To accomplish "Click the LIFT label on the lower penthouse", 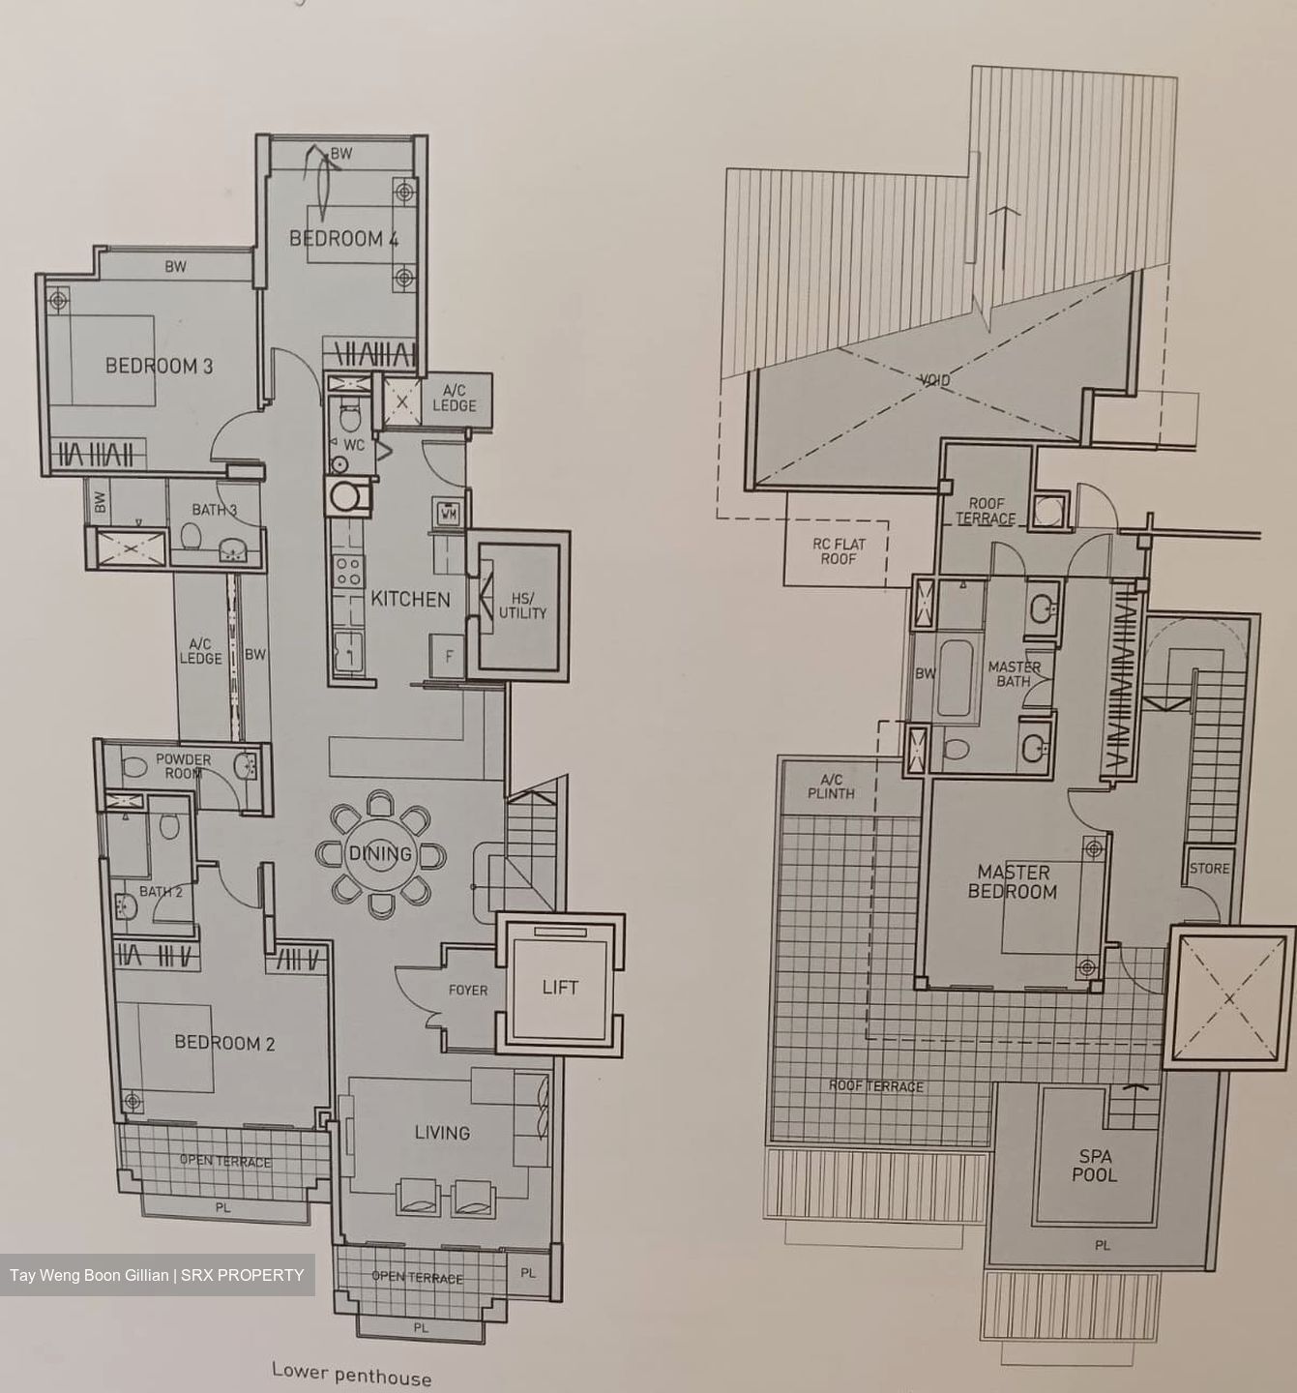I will click(560, 988).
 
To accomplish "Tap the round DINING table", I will click(380, 854).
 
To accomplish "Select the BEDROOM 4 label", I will click(343, 239).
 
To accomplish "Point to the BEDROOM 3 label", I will click(159, 366).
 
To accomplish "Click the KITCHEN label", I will click(410, 599).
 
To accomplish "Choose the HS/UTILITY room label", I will click(522, 606).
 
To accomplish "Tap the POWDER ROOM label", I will click(183, 766).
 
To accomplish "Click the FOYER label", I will click(468, 990).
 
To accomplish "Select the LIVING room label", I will click(442, 1132).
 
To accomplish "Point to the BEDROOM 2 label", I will click(224, 1043).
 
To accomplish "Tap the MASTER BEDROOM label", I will click(1012, 882).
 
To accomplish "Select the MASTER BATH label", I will click(1014, 674).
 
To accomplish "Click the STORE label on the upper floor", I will click(1209, 868).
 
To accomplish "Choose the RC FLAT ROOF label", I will click(839, 551).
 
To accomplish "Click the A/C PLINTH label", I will click(831, 786).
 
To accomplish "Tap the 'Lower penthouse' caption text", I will click(351, 1375).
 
